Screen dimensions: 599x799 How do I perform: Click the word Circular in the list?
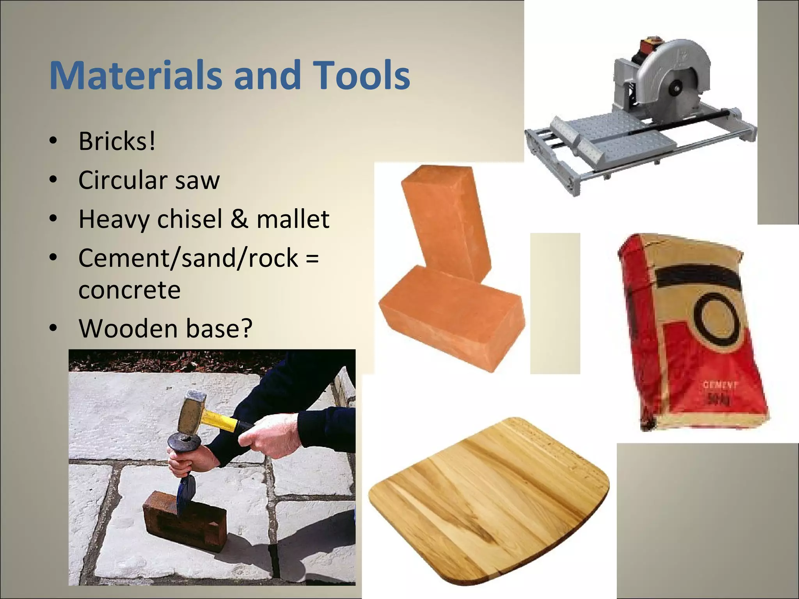(123, 180)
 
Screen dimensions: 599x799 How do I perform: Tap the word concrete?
(130, 290)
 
